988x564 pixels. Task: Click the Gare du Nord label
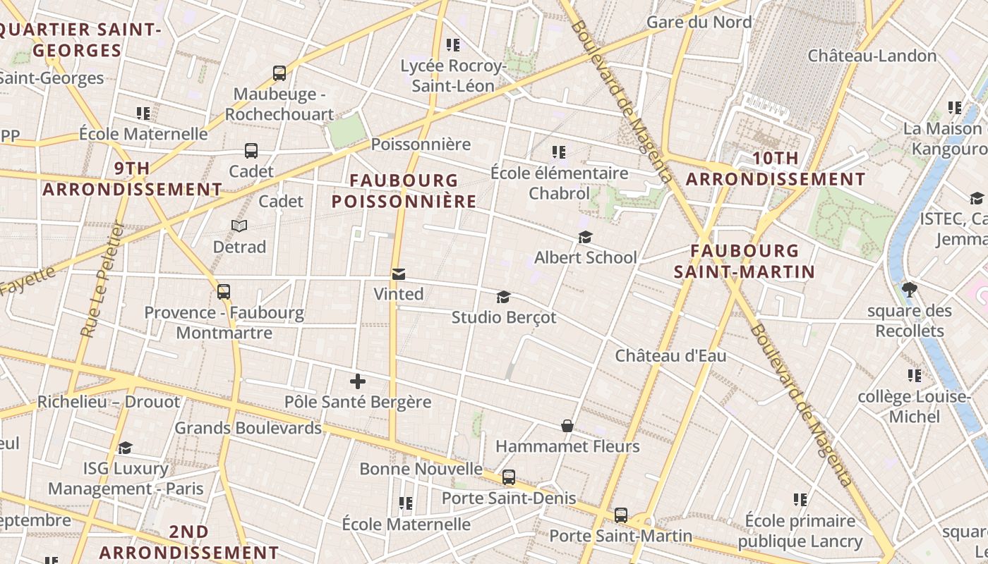(x=699, y=22)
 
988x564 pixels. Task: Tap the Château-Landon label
(x=872, y=55)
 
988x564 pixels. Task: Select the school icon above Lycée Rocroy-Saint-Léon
(x=453, y=45)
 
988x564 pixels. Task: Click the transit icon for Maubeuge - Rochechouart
(x=279, y=73)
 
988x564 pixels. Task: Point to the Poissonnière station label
(x=421, y=145)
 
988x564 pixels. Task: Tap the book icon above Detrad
(x=239, y=226)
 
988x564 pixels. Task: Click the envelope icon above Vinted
(x=399, y=274)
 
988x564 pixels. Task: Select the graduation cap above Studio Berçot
(x=503, y=297)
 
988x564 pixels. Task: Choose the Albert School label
(x=586, y=257)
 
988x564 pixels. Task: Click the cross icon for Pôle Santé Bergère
(x=358, y=381)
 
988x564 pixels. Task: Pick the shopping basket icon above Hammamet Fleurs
(x=567, y=426)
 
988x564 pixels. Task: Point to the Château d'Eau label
(x=670, y=355)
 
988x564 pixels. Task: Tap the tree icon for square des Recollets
(x=910, y=289)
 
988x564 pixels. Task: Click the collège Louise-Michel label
(x=914, y=407)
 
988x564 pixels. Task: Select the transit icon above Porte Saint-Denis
(x=509, y=477)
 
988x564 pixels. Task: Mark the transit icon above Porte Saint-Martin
(x=621, y=515)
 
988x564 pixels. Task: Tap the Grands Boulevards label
(x=248, y=428)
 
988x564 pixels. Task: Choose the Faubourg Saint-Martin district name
(x=745, y=261)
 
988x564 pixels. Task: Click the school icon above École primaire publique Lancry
(x=800, y=500)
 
